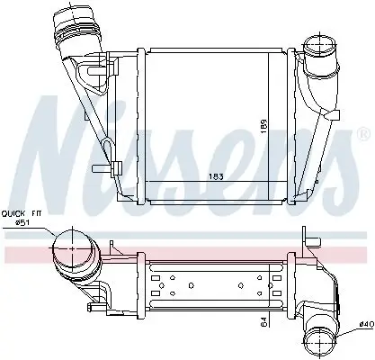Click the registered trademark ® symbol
tap(362, 133)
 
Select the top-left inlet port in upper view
tap(72, 22)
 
